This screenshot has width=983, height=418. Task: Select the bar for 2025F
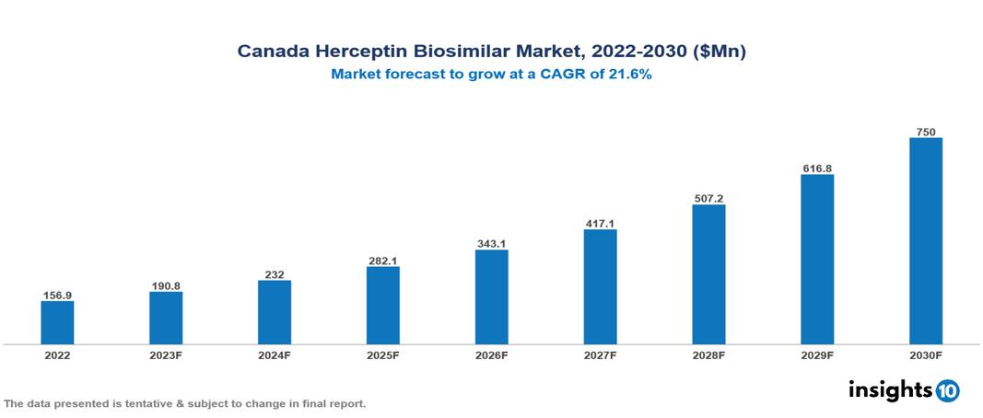point(382,305)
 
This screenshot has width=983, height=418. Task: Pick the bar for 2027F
point(600,286)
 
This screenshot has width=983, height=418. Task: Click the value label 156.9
point(57,295)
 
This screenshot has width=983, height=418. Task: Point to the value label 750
point(925,132)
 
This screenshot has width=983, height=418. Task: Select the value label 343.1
point(491,243)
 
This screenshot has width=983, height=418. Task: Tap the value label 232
point(275,274)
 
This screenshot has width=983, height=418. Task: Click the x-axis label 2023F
point(166,355)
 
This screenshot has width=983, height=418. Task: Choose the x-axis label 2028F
point(708,355)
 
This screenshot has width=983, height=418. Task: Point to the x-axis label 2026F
point(491,355)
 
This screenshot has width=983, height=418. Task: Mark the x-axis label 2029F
point(817,355)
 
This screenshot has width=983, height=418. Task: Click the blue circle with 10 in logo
point(947,390)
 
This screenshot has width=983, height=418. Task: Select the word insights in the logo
point(889,389)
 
